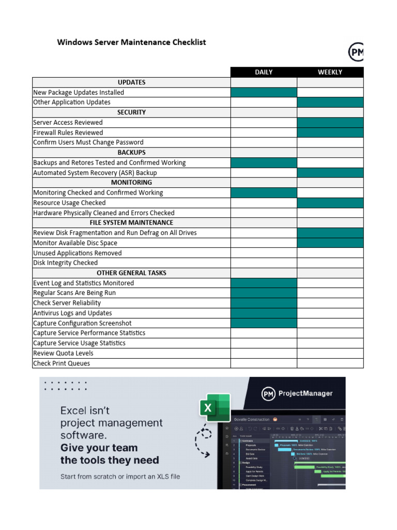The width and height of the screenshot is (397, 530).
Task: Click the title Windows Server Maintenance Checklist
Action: click(131, 42)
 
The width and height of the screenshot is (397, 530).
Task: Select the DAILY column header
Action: click(264, 72)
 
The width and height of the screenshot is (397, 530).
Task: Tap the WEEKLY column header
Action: click(330, 72)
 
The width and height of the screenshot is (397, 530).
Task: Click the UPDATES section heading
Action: click(131, 82)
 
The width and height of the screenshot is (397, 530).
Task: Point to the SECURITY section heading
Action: click(131, 112)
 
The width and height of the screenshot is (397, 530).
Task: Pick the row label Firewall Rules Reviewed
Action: click(68, 132)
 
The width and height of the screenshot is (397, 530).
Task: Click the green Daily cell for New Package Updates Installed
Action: click(264, 93)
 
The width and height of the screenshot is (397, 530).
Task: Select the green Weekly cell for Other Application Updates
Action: click(330, 102)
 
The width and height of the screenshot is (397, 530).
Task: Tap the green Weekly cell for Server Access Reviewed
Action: click(330, 123)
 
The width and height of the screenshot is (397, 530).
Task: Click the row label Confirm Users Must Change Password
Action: click(88, 142)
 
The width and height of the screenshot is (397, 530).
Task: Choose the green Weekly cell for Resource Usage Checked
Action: click(330, 203)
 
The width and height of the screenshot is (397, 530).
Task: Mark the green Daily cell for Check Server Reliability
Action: click(264, 303)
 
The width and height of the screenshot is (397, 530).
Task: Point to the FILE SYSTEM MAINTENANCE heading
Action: click(131, 223)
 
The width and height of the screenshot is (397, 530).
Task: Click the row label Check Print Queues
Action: click(62, 363)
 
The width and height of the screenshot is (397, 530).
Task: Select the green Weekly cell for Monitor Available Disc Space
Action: click(330, 243)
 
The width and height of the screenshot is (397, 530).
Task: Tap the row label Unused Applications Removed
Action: click(78, 253)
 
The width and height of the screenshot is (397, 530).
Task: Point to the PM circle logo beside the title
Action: click(356, 52)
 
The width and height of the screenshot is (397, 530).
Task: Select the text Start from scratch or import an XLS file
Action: click(120, 476)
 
